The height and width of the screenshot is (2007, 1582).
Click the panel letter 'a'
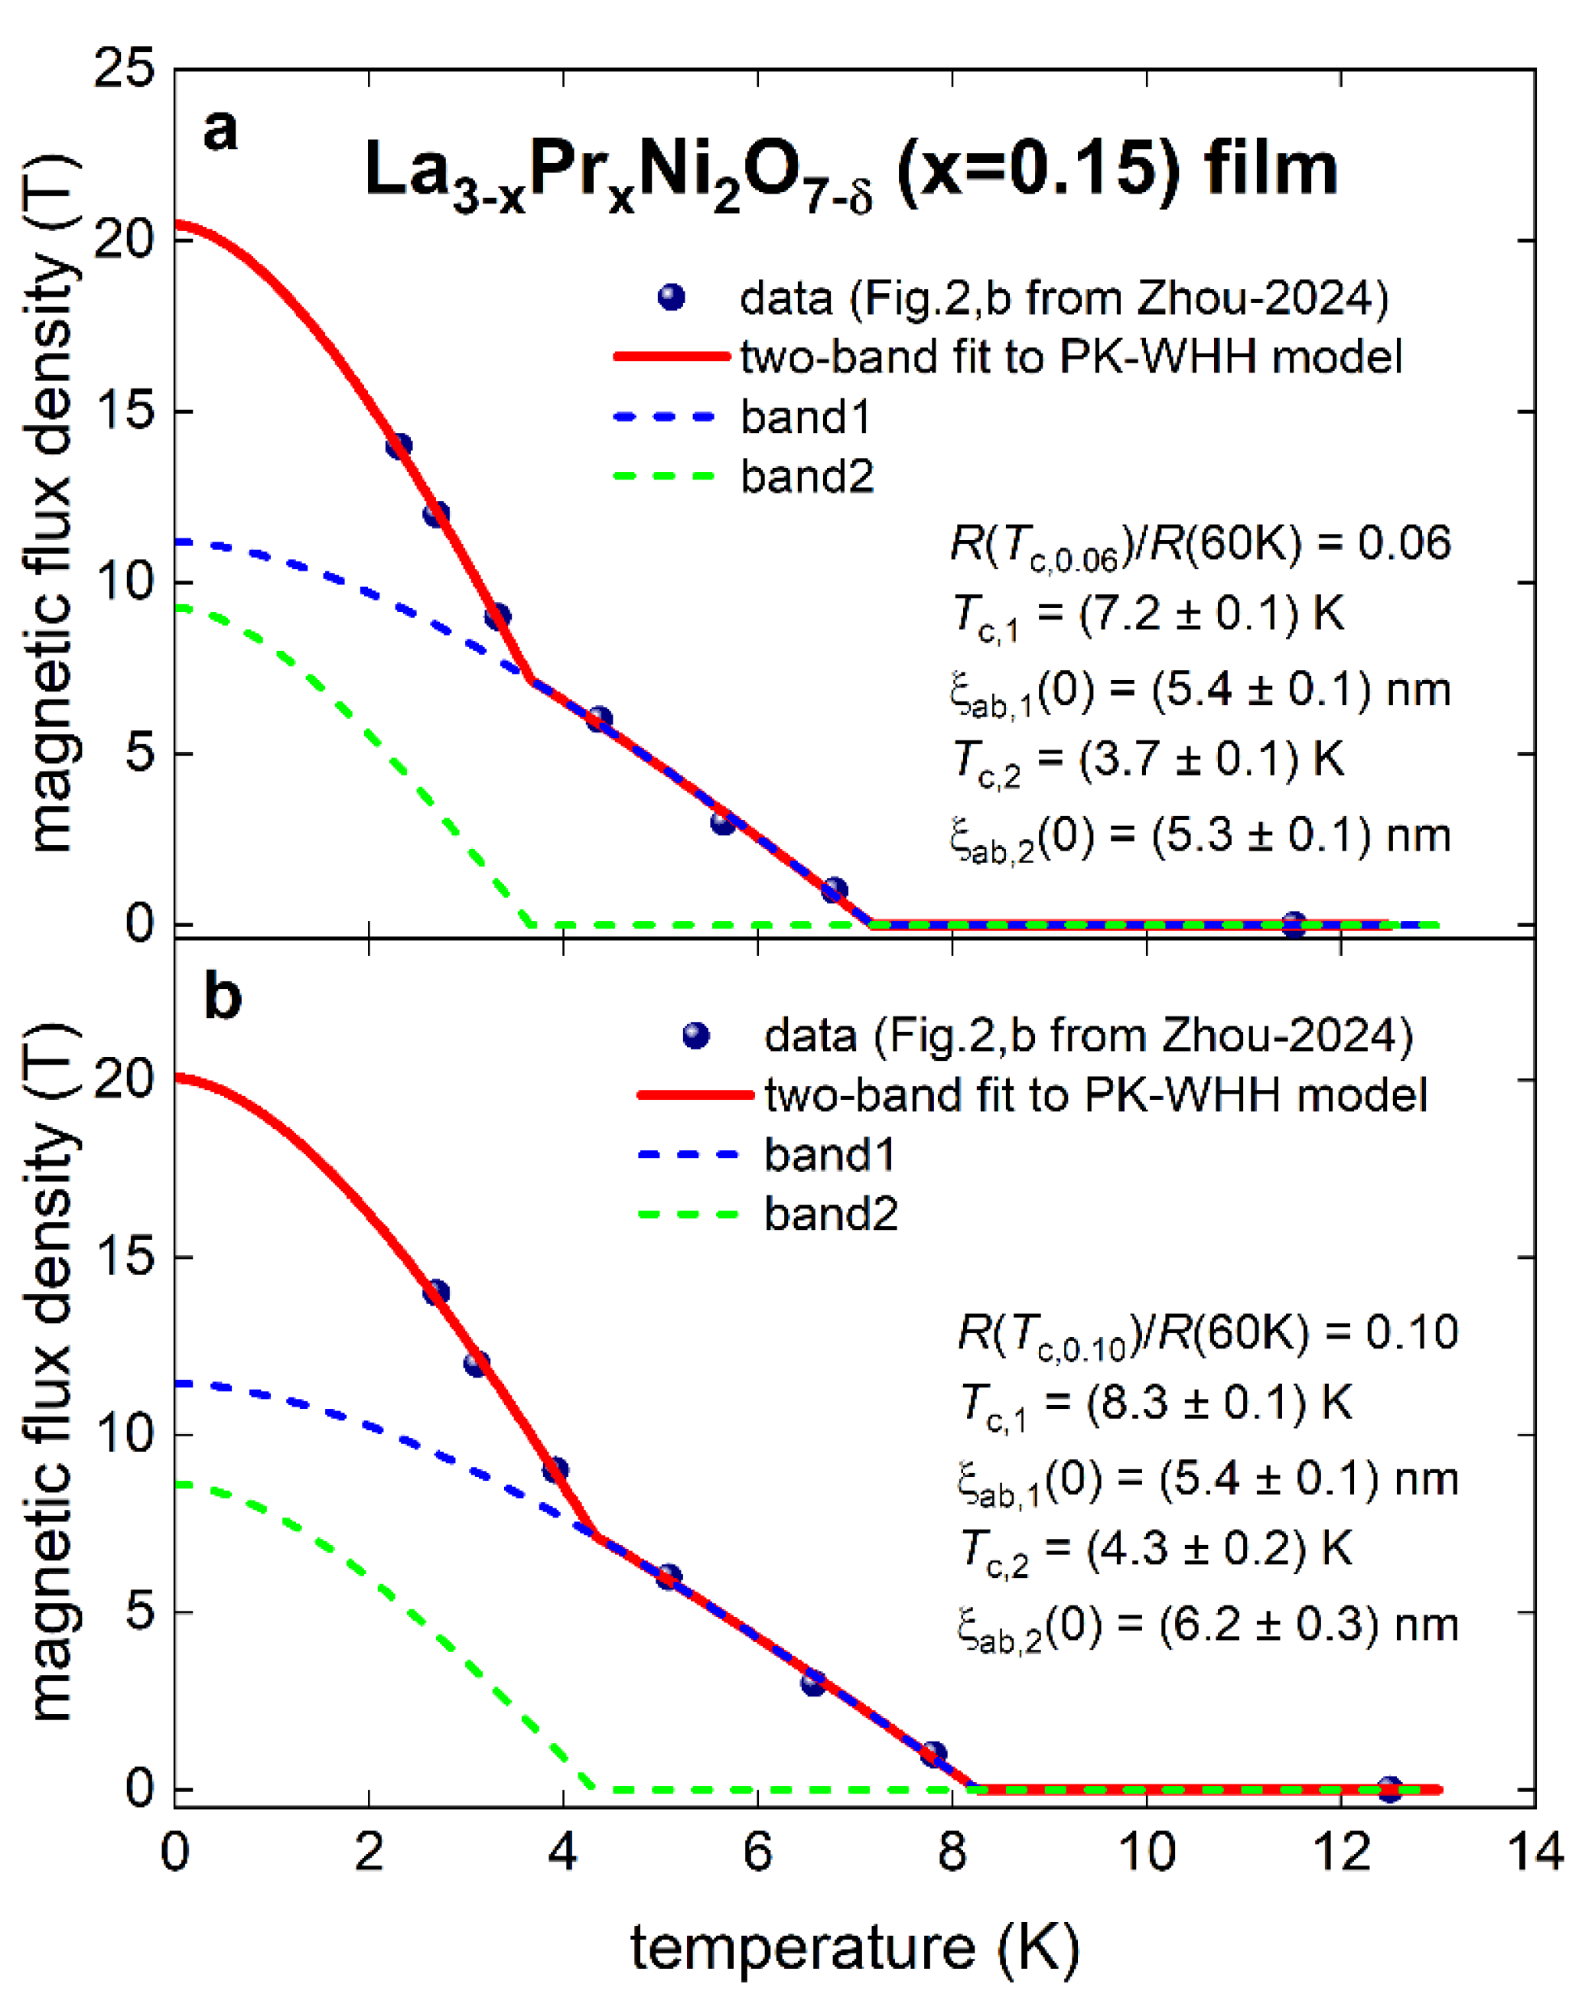[220, 131]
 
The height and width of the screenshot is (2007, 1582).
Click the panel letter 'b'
[223, 997]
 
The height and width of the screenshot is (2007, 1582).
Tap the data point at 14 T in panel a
[399, 445]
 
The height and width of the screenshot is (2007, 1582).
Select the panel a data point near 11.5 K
[1294, 923]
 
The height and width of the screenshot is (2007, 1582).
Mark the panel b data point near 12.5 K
[1388, 1788]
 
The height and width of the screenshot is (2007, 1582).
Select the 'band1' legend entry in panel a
[805, 418]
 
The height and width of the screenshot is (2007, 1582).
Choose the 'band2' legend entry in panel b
[830, 1214]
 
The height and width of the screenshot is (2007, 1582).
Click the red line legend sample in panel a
[672, 356]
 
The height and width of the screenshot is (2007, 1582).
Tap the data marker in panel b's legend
[695, 1036]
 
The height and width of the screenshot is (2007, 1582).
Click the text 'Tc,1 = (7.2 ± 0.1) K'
[1147, 616]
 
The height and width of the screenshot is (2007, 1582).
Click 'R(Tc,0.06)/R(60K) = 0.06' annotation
[1200, 545]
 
